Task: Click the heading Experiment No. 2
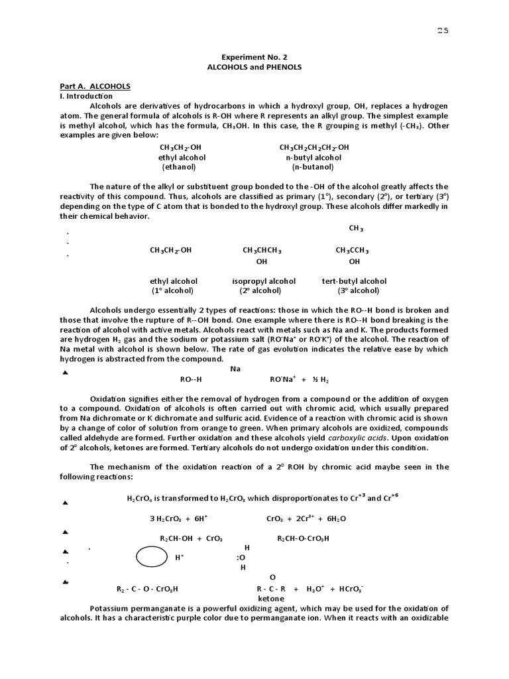[254, 58]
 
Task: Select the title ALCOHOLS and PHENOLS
[254, 68]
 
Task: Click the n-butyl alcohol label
[313, 158]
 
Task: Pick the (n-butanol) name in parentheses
[313, 168]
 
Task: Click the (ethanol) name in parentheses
[182, 168]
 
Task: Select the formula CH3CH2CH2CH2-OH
[313, 147]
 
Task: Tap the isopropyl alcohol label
[264, 281]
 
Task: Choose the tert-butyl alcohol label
[354, 281]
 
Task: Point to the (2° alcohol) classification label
[260, 290]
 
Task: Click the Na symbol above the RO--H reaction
[235, 369]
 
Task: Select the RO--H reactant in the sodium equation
[190, 379]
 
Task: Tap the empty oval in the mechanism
[152, 557]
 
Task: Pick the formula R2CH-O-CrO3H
[303, 538]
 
